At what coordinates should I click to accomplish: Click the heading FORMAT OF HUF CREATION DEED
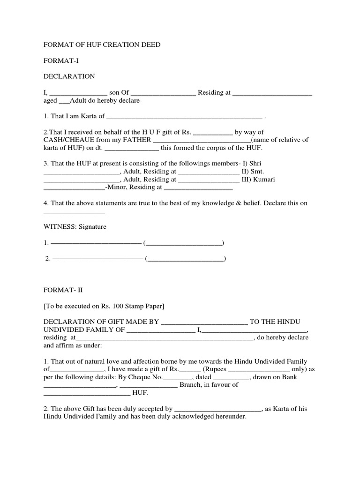(102, 45)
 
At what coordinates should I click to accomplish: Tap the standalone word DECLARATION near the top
(69, 76)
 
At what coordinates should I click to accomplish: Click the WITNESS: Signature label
(75, 227)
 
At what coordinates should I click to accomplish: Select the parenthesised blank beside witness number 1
(184, 243)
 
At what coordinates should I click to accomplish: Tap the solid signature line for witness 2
(97, 259)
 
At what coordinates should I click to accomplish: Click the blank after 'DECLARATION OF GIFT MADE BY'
(204, 322)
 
